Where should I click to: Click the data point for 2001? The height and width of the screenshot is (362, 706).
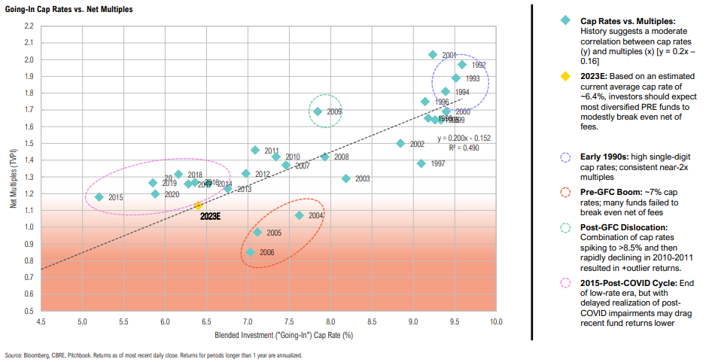(x=433, y=55)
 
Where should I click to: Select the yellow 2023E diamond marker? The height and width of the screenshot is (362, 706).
(x=198, y=205)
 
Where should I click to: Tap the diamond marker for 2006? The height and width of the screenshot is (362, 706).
(x=251, y=252)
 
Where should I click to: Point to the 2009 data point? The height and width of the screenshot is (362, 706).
(x=318, y=111)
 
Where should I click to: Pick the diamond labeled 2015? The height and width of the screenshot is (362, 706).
(x=99, y=197)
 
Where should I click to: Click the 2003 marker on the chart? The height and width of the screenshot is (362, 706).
(x=346, y=178)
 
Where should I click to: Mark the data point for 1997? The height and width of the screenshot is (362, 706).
(x=421, y=163)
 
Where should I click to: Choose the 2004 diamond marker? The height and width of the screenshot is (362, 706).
(x=299, y=215)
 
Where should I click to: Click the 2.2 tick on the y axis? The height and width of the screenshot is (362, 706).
(x=29, y=26)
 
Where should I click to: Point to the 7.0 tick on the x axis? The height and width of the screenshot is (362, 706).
(x=248, y=321)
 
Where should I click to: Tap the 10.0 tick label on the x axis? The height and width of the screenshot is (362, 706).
(x=495, y=321)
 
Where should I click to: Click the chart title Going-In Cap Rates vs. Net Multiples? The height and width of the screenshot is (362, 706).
(x=58, y=8)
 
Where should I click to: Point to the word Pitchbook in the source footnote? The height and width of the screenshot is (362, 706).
(x=81, y=355)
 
